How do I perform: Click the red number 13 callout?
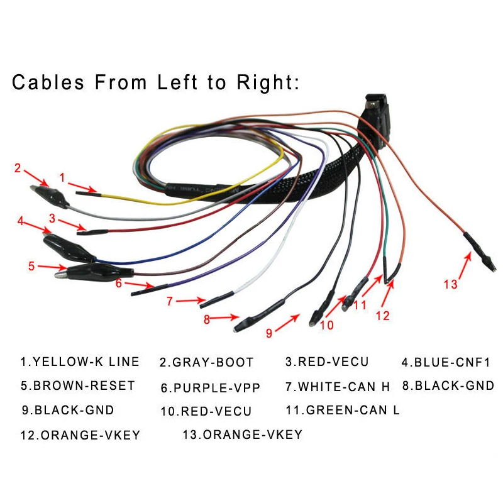pyautogui.click(x=450, y=284)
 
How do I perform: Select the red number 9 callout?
pyautogui.click(x=269, y=333)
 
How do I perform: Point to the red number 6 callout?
pyautogui.click(x=118, y=283)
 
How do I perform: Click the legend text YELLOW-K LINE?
pyautogui.click(x=80, y=362)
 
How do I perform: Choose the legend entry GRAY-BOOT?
pyautogui.click(x=206, y=363)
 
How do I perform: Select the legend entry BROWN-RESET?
pyautogui.click(x=78, y=385)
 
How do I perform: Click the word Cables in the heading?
pyautogui.click(x=48, y=82)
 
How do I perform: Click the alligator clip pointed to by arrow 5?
pyautogui.click(x=85, y=272)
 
